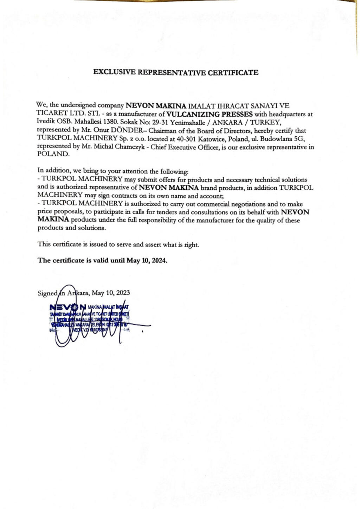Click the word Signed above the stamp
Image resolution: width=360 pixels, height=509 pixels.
click(x=47, y=293)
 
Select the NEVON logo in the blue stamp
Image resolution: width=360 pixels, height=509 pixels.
click(x=69, y=307)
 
